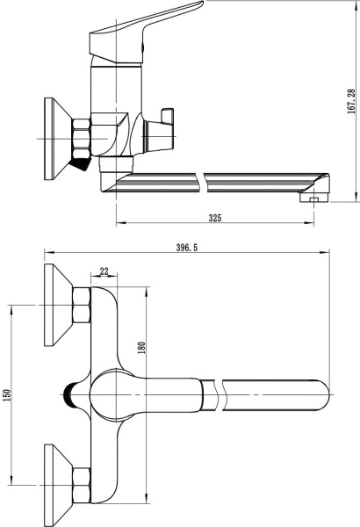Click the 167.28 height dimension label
(351, 102)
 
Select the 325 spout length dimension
(215, 218)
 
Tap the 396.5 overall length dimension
(187, 248)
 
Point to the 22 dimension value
(104, 271)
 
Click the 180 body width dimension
(141, 348)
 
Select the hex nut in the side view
(82, 138)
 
